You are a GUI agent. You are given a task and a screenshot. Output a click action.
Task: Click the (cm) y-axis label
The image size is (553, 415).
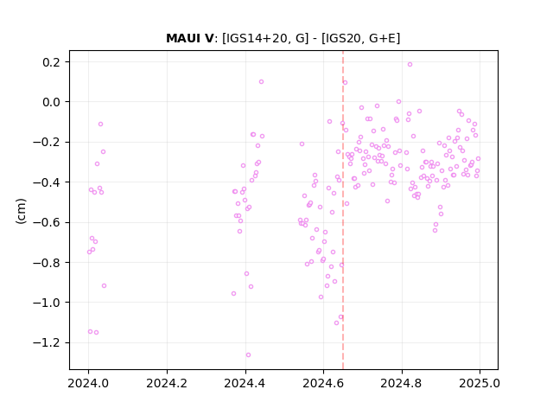coord(21,211)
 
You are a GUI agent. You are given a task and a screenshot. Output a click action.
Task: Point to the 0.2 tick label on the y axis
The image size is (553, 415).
coord(52,62)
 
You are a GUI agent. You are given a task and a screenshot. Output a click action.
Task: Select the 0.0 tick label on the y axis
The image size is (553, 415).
coord(52,102)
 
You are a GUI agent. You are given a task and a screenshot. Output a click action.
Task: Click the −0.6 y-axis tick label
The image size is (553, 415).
coord(47,223)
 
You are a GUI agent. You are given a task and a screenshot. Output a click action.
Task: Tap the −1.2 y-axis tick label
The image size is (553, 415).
coord(47,343)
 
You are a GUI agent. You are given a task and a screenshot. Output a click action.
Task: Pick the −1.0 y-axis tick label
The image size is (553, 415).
coord(47,303)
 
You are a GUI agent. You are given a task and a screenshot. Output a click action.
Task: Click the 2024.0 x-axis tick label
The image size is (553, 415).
coord(88,383)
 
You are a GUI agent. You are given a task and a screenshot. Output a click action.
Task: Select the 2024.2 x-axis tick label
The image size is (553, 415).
coord(167,383)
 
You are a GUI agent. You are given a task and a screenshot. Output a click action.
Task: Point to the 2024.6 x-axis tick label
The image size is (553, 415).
coord(323,383)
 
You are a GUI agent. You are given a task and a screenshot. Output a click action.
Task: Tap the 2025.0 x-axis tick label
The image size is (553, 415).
coord(480,383)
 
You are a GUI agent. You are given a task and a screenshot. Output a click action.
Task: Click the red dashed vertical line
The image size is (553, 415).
coord(343,210)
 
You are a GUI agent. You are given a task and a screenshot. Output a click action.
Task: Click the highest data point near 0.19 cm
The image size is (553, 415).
coord(410,65)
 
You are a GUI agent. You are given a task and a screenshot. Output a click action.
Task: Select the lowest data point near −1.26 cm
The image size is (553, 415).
coord(248,355)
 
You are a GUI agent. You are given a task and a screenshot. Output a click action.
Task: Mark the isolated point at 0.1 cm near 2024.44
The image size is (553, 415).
coord(261,82)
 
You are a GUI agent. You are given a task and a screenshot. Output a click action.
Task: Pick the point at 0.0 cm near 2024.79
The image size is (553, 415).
coord(398,102)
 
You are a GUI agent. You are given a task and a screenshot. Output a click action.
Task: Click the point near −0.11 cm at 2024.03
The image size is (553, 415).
coord(100,124)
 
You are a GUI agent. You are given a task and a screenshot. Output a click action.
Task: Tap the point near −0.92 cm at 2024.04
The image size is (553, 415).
coord(104,286)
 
